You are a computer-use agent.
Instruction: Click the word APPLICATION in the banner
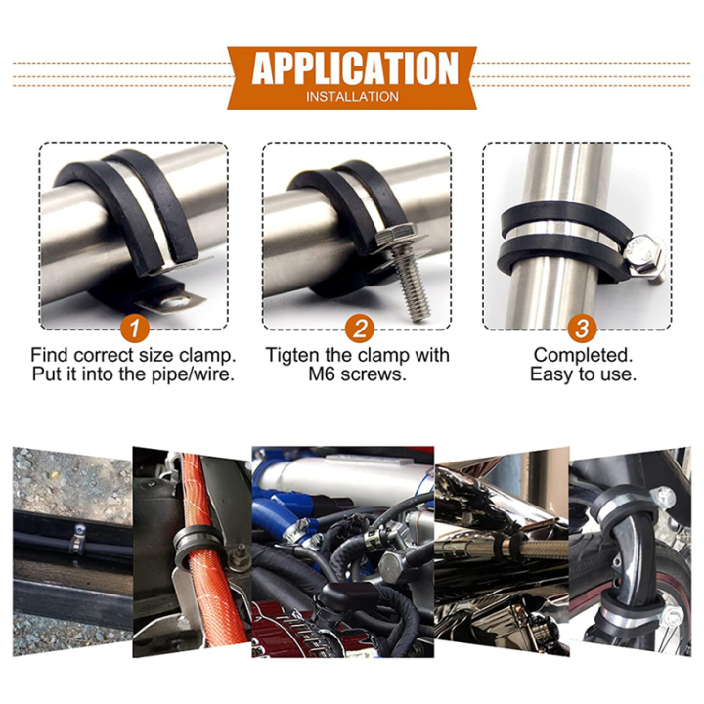(354, 69)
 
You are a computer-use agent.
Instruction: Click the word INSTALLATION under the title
(352, 97)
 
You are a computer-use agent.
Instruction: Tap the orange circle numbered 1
(136, 327)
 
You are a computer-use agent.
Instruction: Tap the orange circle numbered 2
(360, 327)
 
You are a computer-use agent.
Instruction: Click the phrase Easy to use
(583, 374)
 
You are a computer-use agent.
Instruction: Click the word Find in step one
(51, 355)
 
